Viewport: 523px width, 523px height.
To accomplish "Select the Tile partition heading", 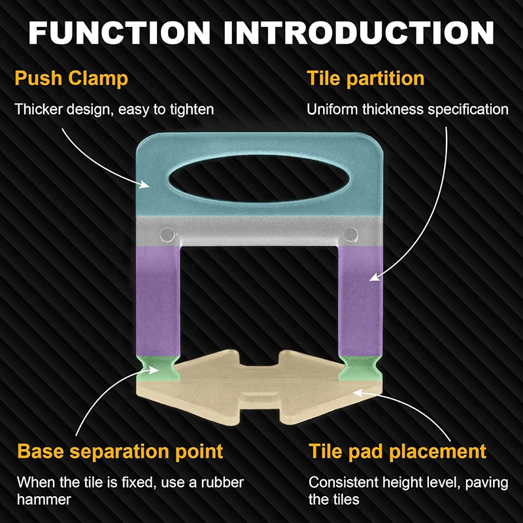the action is [365, 79].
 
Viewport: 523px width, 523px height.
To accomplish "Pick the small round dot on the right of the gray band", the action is [350, 233].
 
